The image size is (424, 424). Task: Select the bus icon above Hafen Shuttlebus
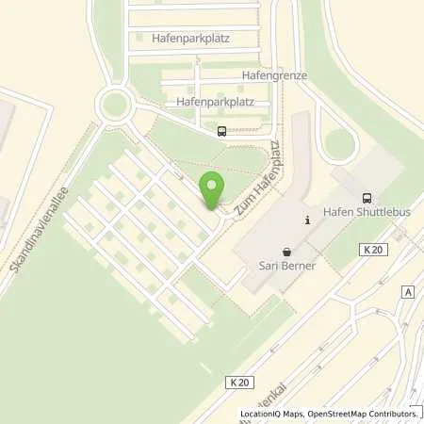click(x=366, y=198)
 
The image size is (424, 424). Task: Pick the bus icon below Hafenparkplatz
click(x=220, y=132)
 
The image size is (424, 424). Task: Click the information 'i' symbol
click(x=307, y=220)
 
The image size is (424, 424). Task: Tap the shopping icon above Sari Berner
click(x=287, y=253)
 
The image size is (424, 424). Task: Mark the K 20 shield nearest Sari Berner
click(x=372, y=249)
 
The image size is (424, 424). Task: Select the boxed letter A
click(x=406, y=292)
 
